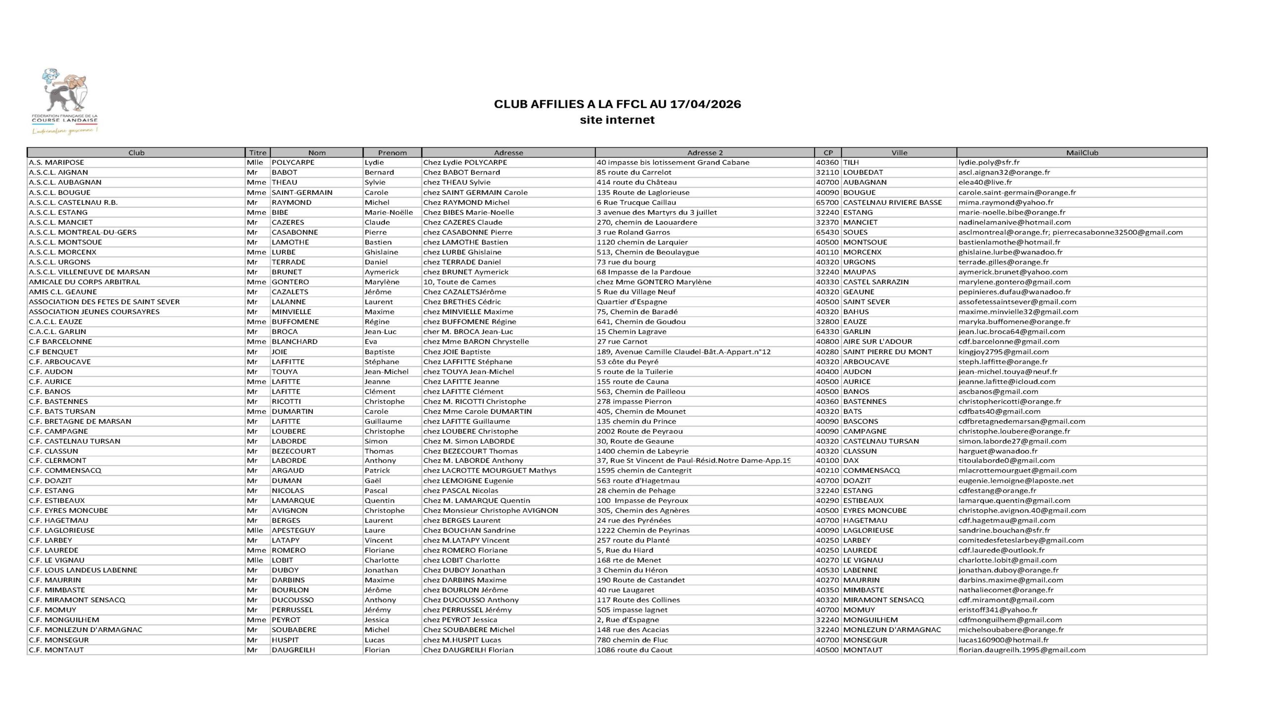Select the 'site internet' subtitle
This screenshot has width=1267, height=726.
pos(617,120)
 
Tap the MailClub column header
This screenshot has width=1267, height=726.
pos(1081,152)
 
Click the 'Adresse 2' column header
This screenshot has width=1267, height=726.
pos(705,152)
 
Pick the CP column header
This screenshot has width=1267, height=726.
pos(828,152)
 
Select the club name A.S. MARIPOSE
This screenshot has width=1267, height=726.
pos(56,162)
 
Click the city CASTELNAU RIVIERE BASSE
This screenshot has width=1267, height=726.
pos(892,202)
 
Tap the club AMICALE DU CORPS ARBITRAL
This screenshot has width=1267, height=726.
pos(84,282)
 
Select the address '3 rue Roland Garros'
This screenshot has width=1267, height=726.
pos(633,233)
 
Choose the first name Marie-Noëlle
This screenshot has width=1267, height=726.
pos(389,212)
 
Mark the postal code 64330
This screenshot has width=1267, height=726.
pos(827,332)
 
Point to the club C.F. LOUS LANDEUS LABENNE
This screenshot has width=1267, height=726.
pos(83,570)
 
